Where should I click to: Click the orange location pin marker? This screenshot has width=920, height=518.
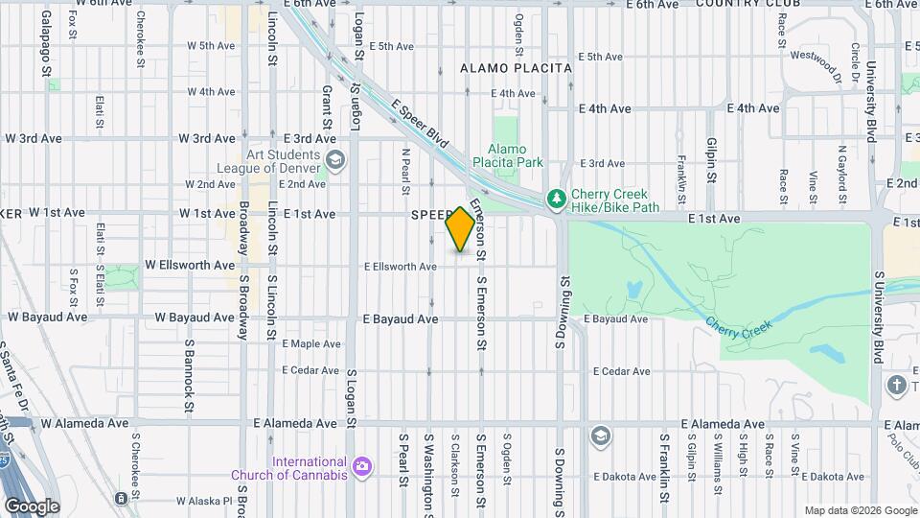pos(460,230)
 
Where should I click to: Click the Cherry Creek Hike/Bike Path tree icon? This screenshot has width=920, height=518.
pos(555,199)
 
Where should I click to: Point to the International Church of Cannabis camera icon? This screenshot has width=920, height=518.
pos(361,467)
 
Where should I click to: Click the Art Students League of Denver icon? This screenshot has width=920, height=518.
pos(334,160)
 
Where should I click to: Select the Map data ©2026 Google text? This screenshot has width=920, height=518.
pos(860,510)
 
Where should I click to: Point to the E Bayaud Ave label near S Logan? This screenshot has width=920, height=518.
pos(400,319)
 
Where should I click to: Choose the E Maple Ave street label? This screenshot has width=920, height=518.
pos(310,344)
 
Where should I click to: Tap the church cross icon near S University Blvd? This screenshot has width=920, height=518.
pos(897,386)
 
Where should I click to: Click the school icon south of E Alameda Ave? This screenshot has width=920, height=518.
pos(600,435)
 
